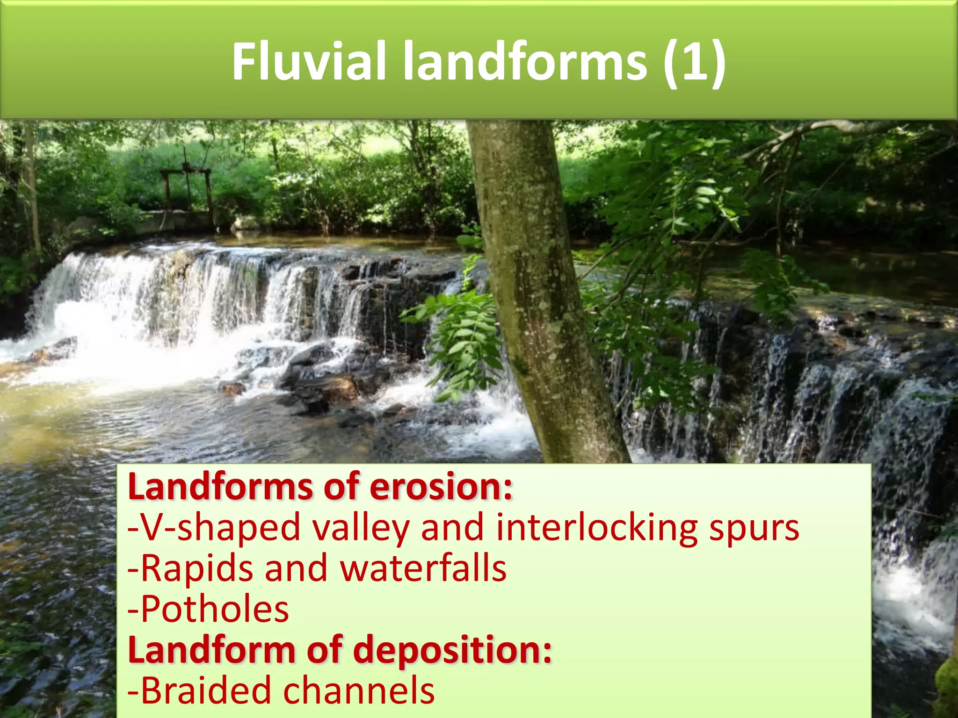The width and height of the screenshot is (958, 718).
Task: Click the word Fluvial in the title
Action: (309, 62)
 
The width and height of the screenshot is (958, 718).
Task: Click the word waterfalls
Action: (423, 568)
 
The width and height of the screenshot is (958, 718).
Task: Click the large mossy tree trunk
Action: (538, 290)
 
